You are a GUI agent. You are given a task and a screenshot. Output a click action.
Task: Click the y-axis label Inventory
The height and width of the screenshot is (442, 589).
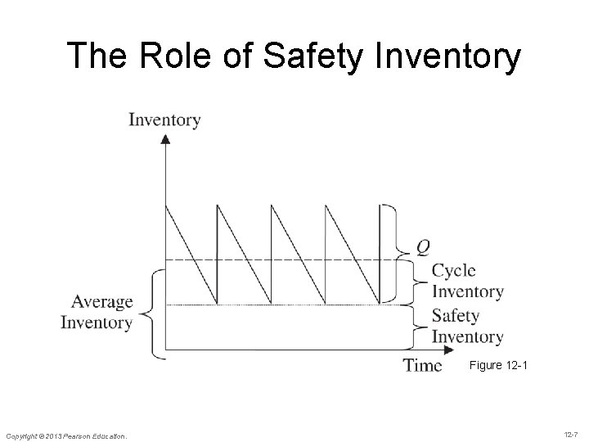click(x=164, y=120)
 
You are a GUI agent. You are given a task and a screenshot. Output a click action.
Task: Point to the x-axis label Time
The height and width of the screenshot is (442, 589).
click(x=422, y=365)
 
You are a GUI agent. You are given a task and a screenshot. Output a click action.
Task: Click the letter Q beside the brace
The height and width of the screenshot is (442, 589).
click(x=422, y=246)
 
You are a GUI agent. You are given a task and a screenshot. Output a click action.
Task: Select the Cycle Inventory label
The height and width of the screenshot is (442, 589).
click(x=466, y=281)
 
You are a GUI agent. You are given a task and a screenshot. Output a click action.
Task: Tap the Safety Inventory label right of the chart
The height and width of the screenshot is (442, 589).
click(x=466, y=326)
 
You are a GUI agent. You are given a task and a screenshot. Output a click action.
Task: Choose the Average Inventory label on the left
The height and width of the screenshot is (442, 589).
click(x=97, y=312)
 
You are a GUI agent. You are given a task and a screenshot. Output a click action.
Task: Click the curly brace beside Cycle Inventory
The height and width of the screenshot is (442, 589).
click(x=416, y=281)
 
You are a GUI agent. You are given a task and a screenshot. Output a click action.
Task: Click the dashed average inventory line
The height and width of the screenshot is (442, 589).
click(x=278, y=260)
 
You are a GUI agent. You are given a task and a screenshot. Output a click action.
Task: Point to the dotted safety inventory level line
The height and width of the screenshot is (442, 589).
click(x=278, y=305)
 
